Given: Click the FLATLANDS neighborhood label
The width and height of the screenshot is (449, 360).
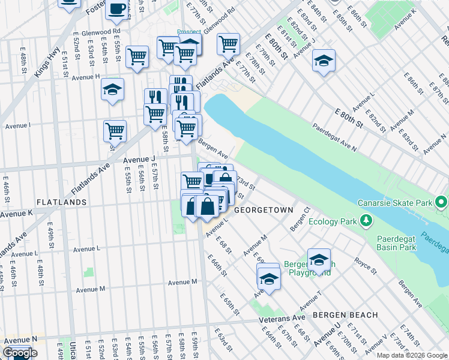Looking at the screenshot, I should pos(61,202).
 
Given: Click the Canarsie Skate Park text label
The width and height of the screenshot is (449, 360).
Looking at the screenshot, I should pos(394,202).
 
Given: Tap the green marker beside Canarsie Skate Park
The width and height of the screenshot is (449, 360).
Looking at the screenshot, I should pos(442,202).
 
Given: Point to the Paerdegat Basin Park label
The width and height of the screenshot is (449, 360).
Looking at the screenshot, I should pos(397,242).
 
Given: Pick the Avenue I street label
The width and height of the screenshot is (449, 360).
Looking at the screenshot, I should pos(17,125).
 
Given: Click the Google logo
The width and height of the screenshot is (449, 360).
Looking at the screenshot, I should pos(20,353).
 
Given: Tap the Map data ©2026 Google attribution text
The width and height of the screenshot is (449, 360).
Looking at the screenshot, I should pos(412,355).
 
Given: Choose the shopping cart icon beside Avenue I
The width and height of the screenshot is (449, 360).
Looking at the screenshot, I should pos(115,130).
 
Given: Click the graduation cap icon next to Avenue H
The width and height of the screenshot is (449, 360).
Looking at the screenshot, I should pos(112,89).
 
